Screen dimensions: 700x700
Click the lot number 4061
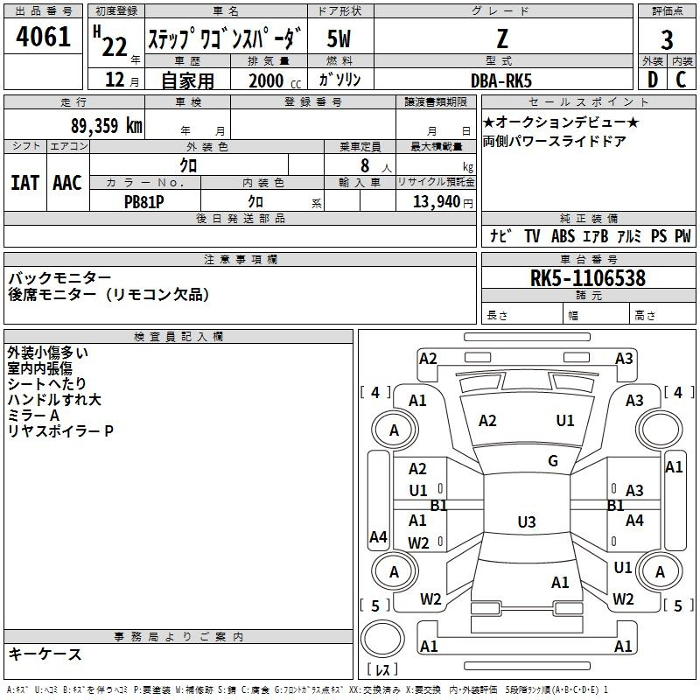(43, 37)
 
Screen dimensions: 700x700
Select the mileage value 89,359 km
(107, 126)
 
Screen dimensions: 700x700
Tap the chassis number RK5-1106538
(587, 278)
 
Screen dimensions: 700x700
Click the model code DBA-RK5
(501, 80)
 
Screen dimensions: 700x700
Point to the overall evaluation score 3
(667, 40)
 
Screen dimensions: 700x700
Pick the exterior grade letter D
(653, 80)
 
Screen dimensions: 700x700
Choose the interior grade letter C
(681, 80)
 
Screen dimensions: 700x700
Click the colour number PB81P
(143, 202)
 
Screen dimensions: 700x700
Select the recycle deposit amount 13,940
(437, 202)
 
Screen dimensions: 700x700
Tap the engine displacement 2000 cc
(275, 80)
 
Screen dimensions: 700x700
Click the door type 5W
(339, 38)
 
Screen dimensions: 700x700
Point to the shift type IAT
(25, 183)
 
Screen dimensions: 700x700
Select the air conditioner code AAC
(67, 183)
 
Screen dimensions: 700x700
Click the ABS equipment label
(563, 236)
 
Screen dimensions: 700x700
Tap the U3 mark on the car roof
(527, 521)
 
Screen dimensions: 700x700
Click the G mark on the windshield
(553, 461)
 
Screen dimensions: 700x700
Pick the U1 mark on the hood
(565, 421)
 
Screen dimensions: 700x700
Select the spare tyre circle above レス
(382, 638)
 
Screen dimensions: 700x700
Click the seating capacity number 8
(365, 165)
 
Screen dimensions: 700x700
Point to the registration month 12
(115, 80)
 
